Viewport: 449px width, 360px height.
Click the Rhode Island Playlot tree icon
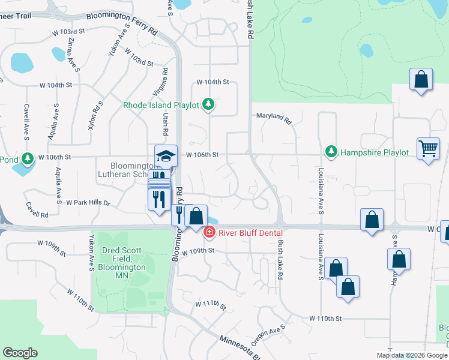click(x=208, y=105)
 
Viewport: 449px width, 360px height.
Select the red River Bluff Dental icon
click(x=209, y=232)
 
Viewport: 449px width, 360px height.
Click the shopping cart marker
click(x=428, y=148)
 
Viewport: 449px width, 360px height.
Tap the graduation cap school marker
click(x=166, y=156)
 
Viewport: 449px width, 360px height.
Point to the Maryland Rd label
click(x=274, y=118)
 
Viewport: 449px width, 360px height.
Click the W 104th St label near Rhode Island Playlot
click(x=213, y=82)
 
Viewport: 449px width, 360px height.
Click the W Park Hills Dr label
click(x=88, y=203)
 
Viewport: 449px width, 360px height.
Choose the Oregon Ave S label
click(x=268, y=336)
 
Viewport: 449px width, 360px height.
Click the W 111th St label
click(x=210, y=305)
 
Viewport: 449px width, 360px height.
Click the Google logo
click(x=20, y=353)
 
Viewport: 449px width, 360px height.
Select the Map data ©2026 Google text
click(x=411, y=355)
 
